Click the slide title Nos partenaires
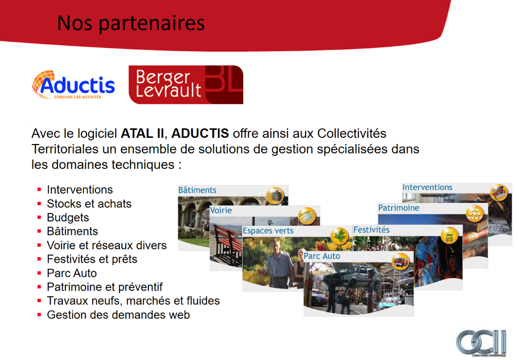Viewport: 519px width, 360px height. pyautogui.click(x=131, y=23)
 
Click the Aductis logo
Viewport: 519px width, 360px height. pyautogui.click(x=73, y=85)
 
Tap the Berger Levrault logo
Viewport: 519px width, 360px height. pyautogui.click(x=186, y=85)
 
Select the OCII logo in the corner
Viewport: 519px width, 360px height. pyautogui.click(x=481, y=343)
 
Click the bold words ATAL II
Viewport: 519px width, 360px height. pyautogui.click(x=142, y=133)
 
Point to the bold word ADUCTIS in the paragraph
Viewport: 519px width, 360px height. pyautogui.click(x=200, y=133)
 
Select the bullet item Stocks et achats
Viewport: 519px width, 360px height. pyautogui.click(x=89, y=204)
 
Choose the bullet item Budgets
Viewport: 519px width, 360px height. pyautogui.click(x=68, y=218)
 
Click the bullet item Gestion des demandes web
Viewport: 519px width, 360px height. pyautogui.click(x=118, y=315)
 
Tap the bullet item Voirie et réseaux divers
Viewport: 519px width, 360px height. pyautogui.click(x=106, y=245)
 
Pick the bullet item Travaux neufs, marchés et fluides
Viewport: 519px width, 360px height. pyautogui.click(x=133, y=301)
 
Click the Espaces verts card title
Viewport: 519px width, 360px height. pyautogui.click(x=268, y=231)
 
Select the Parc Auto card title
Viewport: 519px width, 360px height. pyautogui.click(x=322, y=256)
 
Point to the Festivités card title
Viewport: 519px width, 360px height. pyautogui.click(x=372, y=230)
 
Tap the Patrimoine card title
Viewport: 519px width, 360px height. pyautogui.click(x=398, y=208)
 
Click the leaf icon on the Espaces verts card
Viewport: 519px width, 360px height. pyautogui.click(x=340, y=236)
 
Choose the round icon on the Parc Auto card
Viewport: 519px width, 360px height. pyautogui.click(x=400, y=262)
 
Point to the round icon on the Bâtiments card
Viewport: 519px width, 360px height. pyautogui.click(x=275, y=196)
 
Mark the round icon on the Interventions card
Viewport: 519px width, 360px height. pyautogui.click(x=499, y=193)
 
